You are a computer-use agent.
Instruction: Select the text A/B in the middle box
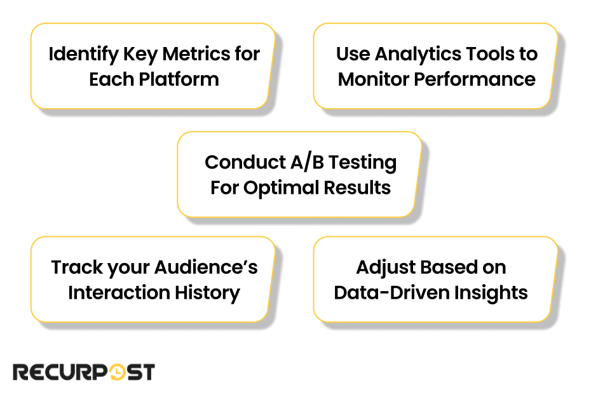click(x=307, y=162)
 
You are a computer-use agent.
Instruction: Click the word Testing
click(x=363, y=162)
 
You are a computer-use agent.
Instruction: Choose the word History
click(x=207, y=293)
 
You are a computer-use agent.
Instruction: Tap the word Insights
click(x=490, y=293)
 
